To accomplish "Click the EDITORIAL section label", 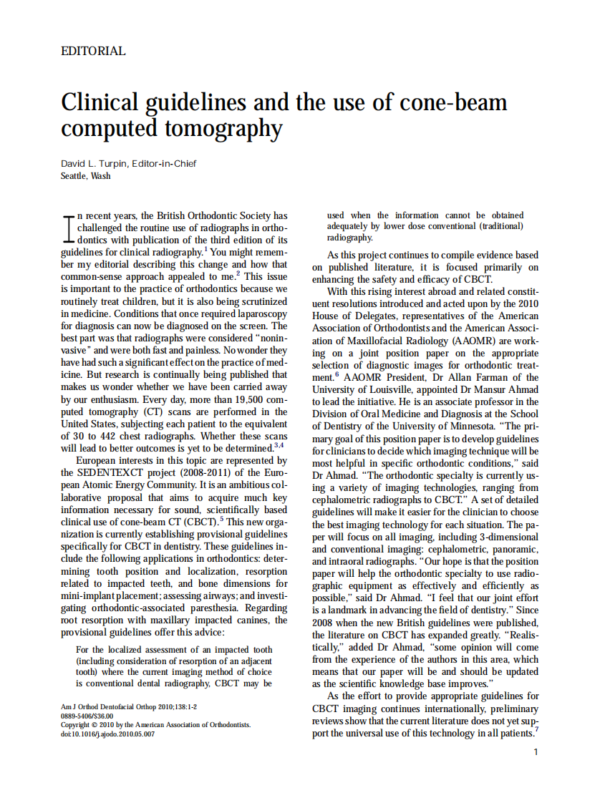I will pos(93,52).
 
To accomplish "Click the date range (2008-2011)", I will pos(186,473).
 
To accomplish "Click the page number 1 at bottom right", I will pos(536,751).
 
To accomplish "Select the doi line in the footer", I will pos(108,734).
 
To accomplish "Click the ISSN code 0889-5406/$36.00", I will pos(87,716).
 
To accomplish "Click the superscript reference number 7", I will pos(536,730).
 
